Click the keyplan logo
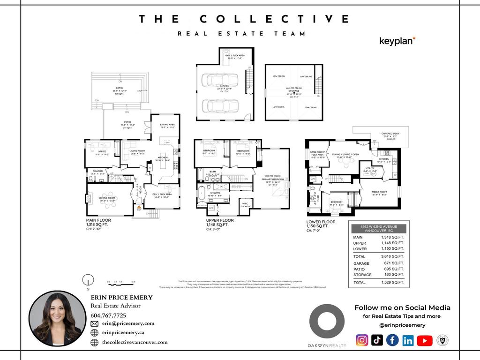click(x=397, y=41)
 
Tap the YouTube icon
click(x=424, y=340)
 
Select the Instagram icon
click(x=362, y=340)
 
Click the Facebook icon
click(x=392, y=340)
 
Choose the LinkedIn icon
click(x=408, y=340)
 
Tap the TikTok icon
click(x=377, y=340)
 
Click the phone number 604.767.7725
click(x=108, y=315)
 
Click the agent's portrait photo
click(x=58, y=319)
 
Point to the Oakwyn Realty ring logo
click(x=327, y=322)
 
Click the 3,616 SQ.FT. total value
click(x=392, y=256)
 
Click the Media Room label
click(x=379, y=192)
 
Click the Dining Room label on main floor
click(x=107, y=198)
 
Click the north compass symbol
click(x=88, y=281)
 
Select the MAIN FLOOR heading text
click(x=97, y=220)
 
